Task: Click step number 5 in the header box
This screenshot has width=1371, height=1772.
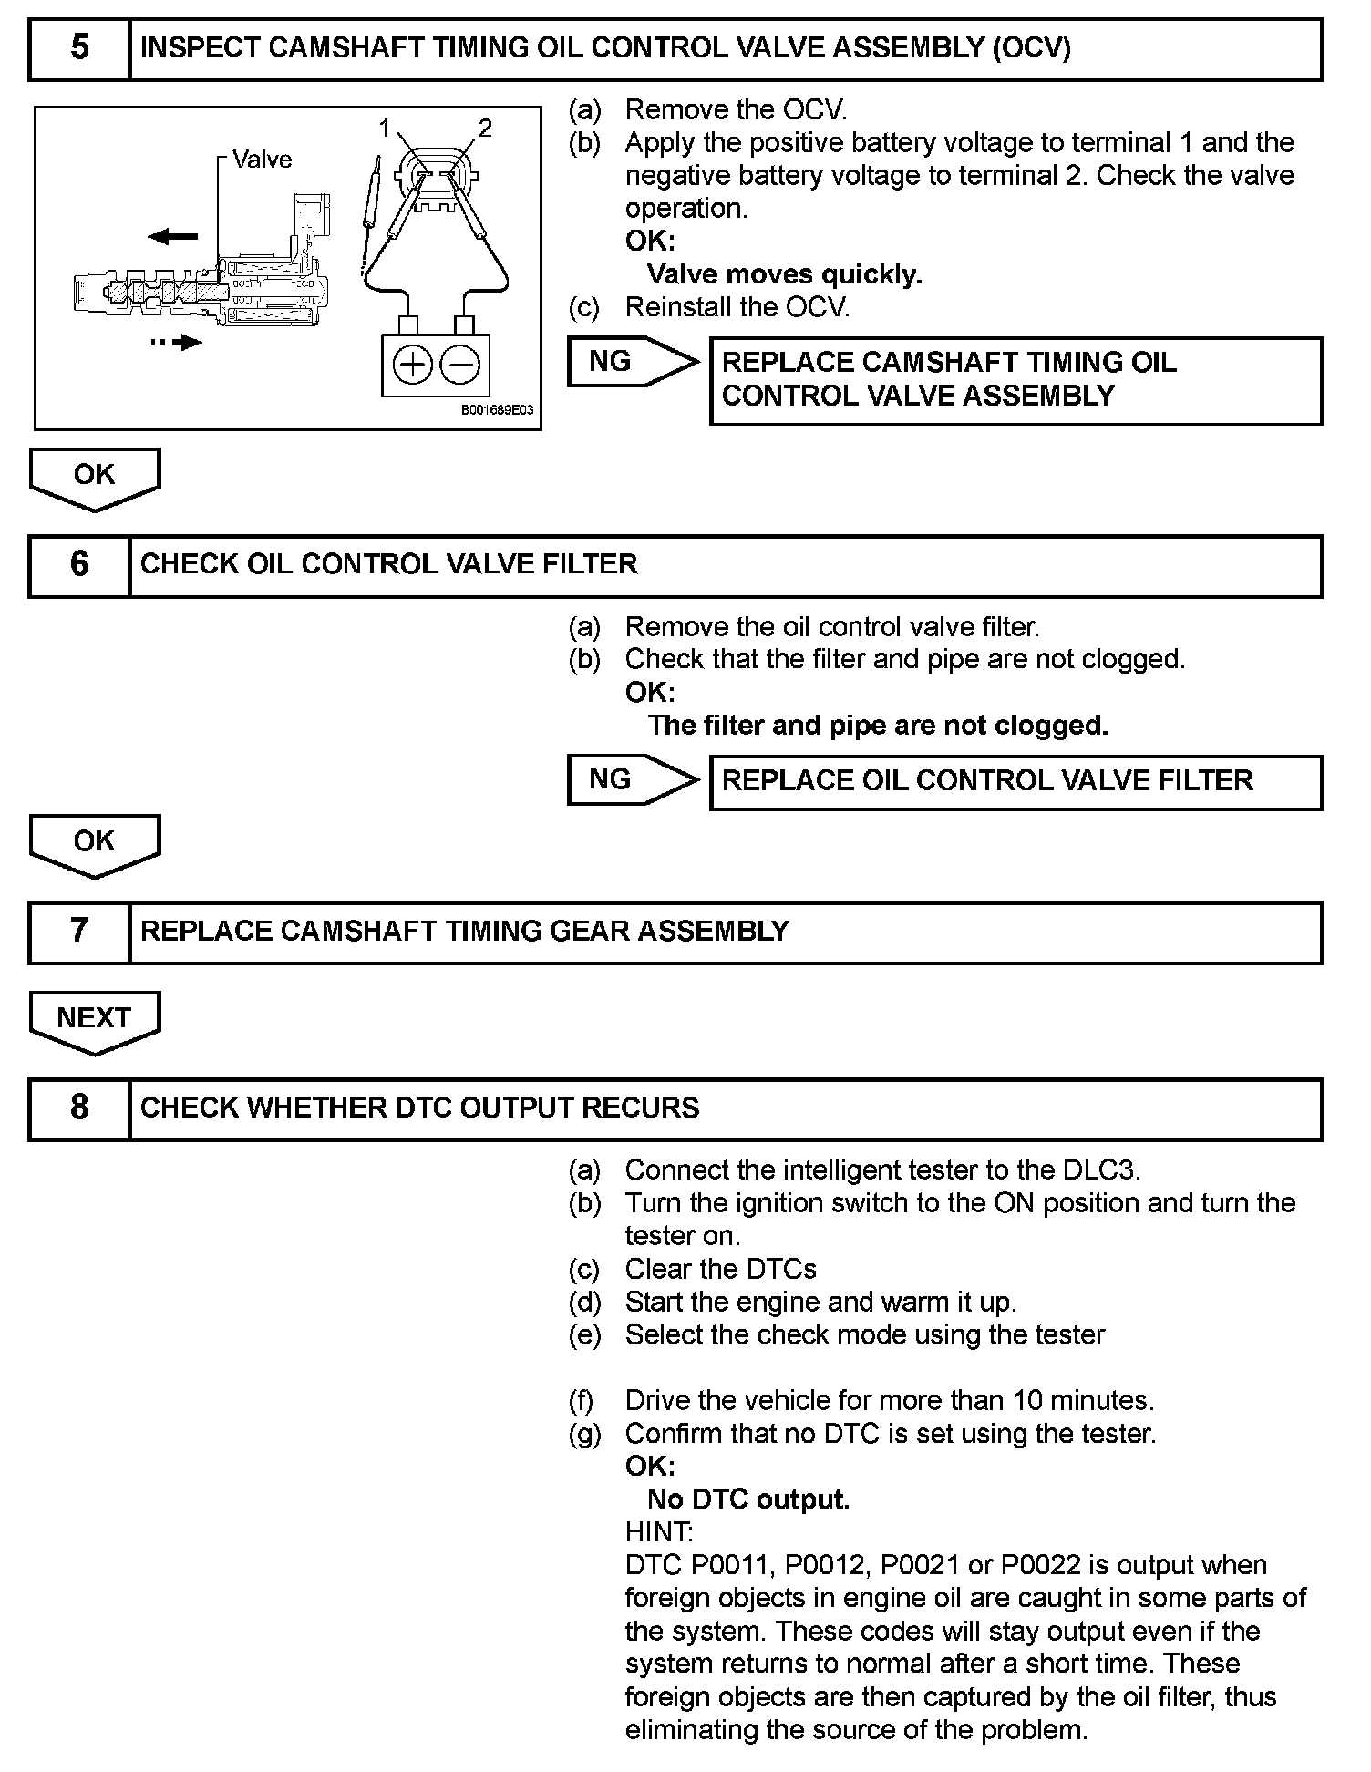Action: coord(79,48)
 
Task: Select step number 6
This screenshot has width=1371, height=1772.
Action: coord(79,565)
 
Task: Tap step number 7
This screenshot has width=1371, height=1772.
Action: coord(79,932)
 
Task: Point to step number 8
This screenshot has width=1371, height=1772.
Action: coord(79,1108)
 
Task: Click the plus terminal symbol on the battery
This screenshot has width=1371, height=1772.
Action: coord(412,366)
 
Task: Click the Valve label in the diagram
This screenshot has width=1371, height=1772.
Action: coord(262,160)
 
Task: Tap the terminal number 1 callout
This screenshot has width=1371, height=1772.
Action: coord(385,128)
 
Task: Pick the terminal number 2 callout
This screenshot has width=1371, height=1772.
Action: coord(485,128)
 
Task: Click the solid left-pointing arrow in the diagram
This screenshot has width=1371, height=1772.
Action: coord(172,237)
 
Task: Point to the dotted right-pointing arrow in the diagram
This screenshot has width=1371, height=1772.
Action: coord(177,343)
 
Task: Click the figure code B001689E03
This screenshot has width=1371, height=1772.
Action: coord(497,411)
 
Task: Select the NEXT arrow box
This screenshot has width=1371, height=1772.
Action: coord(94,1018)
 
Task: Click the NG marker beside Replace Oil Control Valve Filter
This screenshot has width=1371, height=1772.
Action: coord(611,779)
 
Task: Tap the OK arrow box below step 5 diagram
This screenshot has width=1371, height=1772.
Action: coord(94,475)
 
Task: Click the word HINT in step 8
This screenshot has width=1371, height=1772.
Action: coord(658,1531)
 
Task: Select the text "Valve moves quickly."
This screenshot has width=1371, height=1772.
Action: coord(784,274)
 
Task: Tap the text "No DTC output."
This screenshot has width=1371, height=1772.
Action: coord(747,1499)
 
